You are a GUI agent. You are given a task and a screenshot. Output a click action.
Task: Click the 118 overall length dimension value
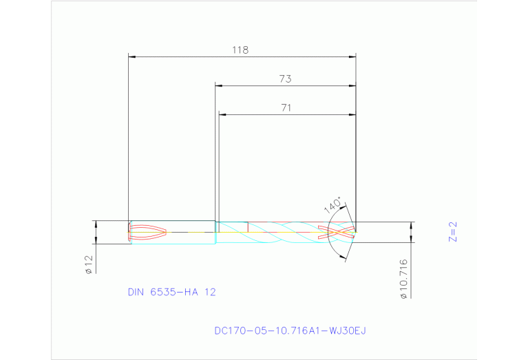point(240,50)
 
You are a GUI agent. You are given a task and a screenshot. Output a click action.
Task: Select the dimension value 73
point(285,79)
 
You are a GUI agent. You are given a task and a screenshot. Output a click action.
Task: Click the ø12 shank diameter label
point(88,265)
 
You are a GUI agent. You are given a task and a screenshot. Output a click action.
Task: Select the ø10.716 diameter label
point(404,278)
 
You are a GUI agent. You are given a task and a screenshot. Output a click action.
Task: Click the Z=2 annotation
point(453,232)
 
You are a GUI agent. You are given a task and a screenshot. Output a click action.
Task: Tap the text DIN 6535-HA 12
point(171,292)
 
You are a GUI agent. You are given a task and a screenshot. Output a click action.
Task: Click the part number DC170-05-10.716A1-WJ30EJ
point(290,330)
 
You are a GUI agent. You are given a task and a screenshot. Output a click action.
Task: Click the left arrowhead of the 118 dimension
point(133,57)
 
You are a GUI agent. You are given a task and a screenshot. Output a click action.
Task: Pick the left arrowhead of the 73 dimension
point(219,86)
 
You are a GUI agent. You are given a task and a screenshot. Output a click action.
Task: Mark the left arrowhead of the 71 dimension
point(222,114)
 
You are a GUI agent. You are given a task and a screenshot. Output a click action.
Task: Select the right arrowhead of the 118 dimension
point(352,57)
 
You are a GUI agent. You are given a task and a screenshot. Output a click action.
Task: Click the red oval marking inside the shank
point(148,232)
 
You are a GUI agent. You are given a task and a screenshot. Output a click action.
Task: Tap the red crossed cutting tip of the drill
point(340,232)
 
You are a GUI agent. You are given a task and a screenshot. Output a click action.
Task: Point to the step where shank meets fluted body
point(215,232)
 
